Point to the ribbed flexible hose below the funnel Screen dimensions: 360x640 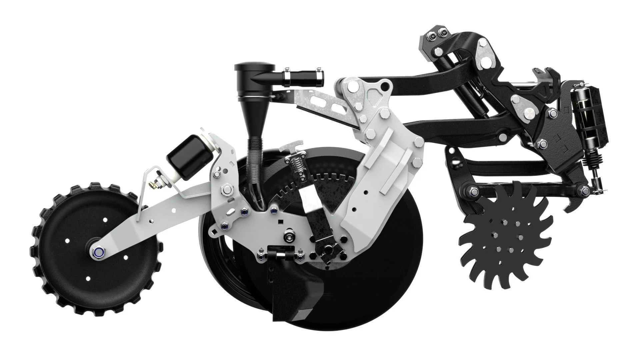(254, 167)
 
